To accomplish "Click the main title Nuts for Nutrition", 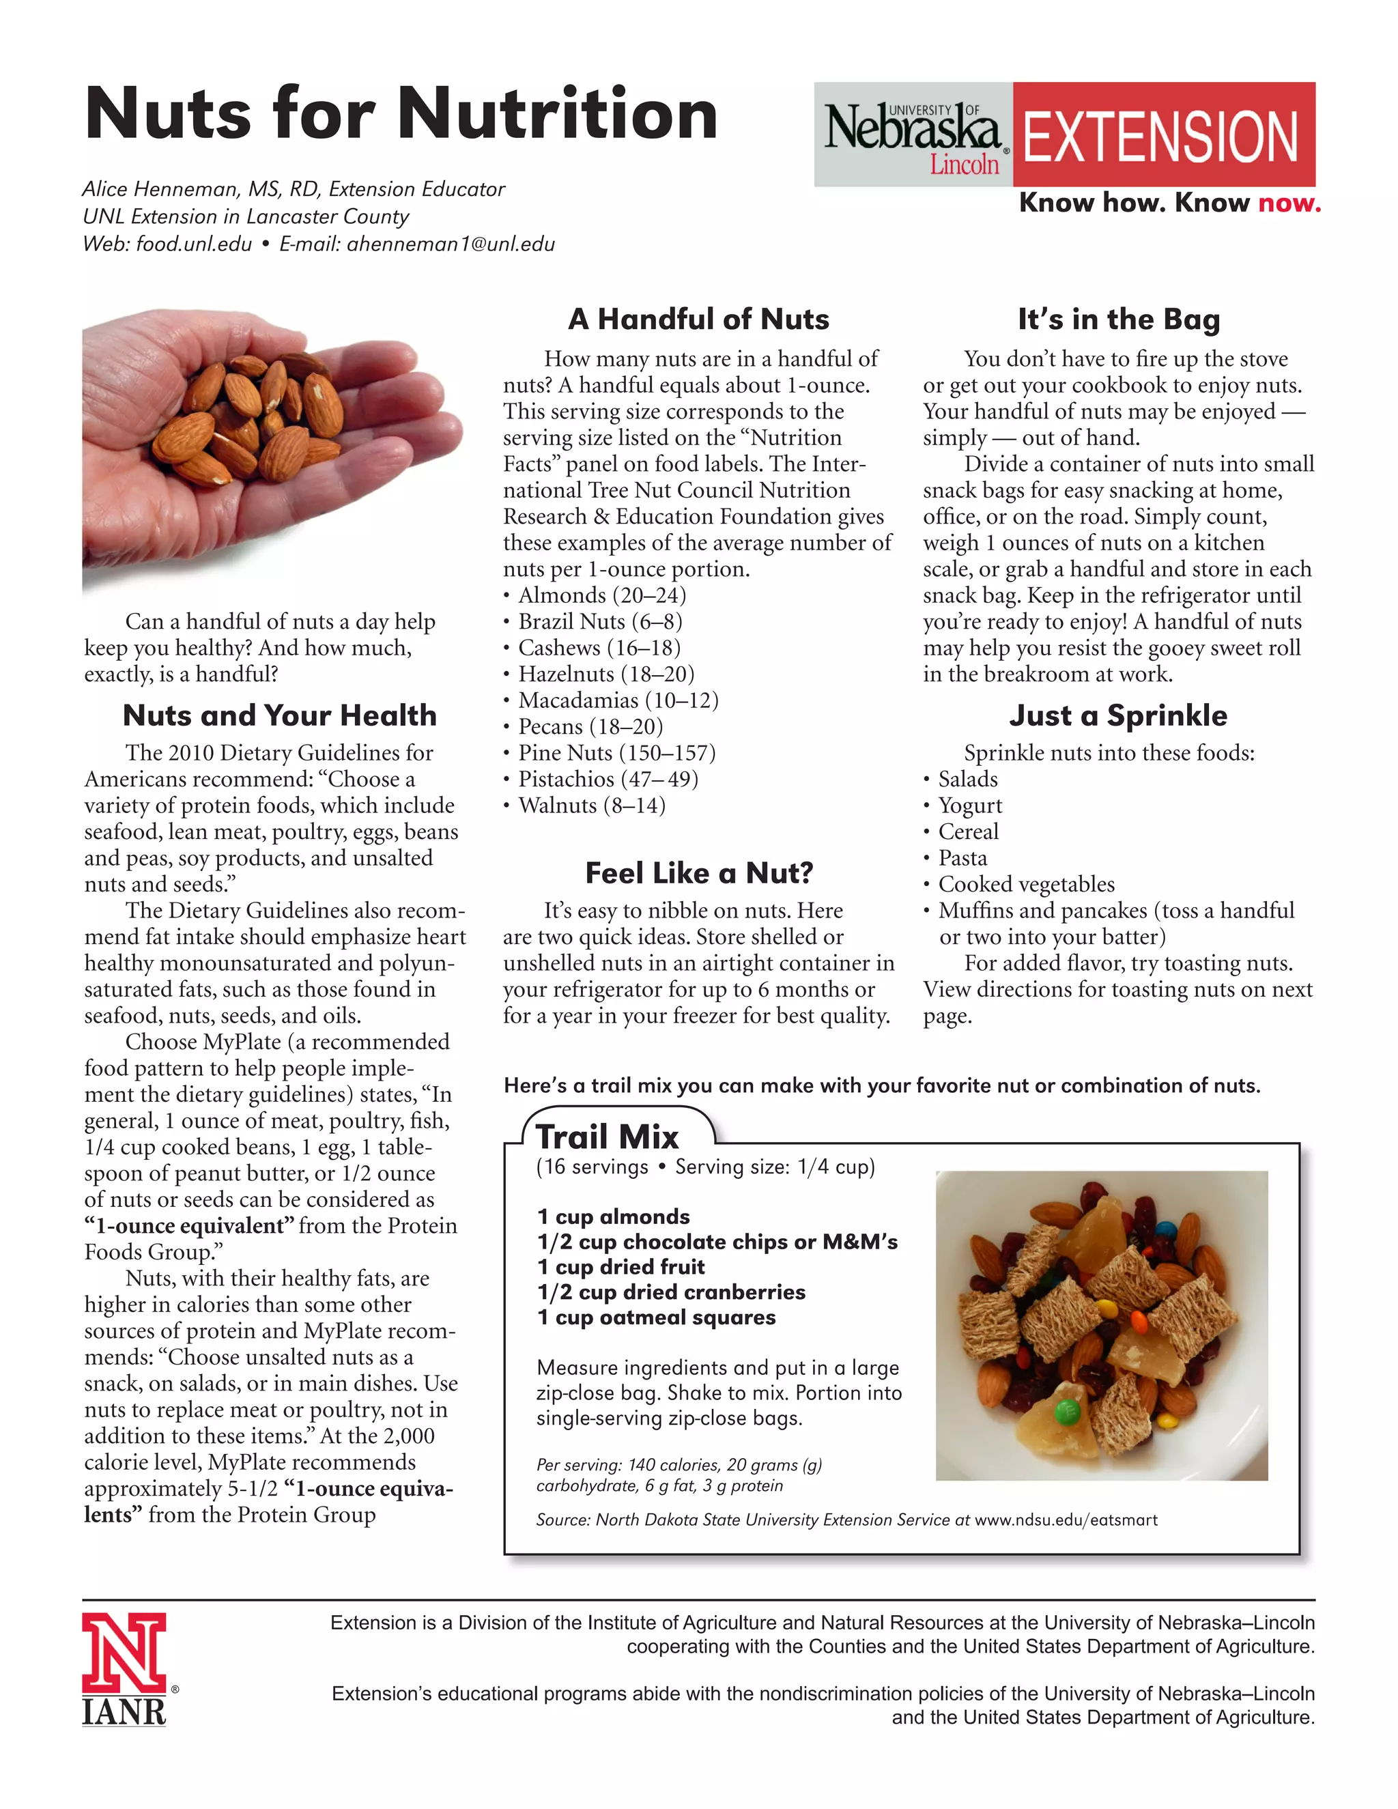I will coord(401,114).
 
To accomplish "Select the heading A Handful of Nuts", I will coord(698,319).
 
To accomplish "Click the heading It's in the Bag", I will coord(1119,319).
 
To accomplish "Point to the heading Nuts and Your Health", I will coord(280,715).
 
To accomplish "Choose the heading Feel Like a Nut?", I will coord(699,872).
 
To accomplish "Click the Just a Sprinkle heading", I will coord(1118,715).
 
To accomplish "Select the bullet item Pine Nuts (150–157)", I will coord(616,753).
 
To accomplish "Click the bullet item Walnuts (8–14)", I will coord(591,805).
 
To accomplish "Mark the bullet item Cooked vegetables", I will coord(1026,884).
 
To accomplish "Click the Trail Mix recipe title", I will coord(607,1137).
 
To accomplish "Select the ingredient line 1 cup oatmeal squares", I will coord(656,1317).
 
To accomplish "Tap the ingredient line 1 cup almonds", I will coord(613,1216).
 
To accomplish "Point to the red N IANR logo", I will coord(124,1668).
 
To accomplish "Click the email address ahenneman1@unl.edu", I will coord(451,244).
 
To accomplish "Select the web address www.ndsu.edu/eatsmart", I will coord(1066,1520).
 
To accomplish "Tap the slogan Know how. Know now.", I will coord(1169,203).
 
